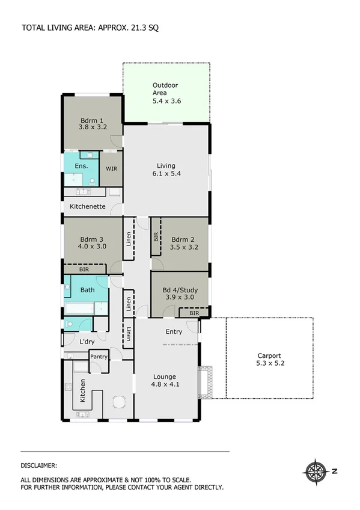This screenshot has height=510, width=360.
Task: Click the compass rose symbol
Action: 316,470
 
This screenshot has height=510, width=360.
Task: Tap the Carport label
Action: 269,355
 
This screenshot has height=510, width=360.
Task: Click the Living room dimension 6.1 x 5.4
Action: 166,173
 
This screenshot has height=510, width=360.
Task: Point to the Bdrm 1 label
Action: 93,120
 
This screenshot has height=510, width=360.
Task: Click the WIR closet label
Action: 111,169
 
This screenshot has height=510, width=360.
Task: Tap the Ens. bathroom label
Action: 81,165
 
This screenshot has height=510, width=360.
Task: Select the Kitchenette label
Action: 88,206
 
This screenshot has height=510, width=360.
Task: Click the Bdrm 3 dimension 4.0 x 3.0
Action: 93,246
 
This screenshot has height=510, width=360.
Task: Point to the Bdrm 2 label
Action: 180,238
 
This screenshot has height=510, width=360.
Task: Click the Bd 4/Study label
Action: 180,289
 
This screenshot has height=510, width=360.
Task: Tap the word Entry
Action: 174,331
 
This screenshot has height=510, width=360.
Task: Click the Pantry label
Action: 99,357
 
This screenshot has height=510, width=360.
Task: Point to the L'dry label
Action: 87,342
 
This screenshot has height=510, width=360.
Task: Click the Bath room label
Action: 87,290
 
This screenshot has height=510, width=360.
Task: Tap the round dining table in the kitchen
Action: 120,401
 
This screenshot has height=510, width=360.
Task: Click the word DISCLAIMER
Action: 39,465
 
